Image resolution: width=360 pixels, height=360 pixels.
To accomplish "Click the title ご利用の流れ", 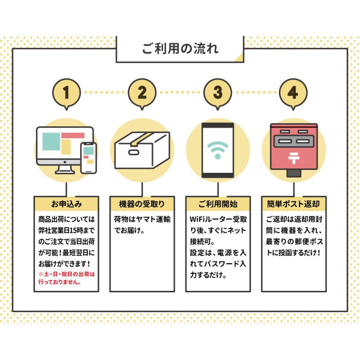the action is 180,49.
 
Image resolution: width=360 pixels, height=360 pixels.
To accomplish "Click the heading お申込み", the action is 66,204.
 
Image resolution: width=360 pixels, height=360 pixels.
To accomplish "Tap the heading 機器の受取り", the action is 142,204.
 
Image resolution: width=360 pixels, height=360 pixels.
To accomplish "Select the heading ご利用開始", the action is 218,204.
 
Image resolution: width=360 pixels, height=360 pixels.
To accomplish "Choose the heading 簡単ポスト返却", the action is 294,204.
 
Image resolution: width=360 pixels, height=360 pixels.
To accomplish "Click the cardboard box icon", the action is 142,150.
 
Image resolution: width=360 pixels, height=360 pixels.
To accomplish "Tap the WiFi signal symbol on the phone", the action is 218,150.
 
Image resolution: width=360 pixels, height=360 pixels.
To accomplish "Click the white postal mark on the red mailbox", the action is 294,158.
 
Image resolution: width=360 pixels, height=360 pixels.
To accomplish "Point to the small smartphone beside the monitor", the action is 89,158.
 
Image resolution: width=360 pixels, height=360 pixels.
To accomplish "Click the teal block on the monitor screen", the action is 51,142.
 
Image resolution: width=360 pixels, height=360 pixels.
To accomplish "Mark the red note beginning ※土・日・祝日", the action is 66,278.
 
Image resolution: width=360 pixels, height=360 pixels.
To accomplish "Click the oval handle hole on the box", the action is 134,152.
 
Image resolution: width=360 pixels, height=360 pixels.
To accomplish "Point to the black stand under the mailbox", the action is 294,173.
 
